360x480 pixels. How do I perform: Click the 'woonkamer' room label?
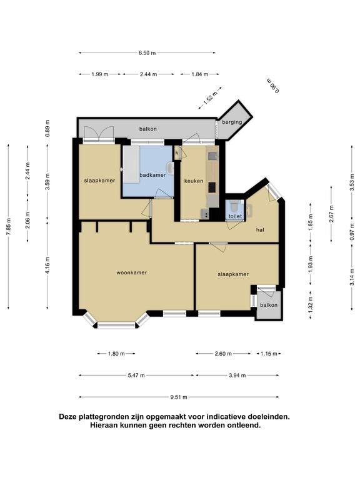click(131, 272)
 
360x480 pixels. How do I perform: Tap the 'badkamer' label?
click(152, 175)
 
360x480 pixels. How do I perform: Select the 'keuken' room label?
click(194, 181)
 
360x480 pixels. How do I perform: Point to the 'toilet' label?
click(235, 216)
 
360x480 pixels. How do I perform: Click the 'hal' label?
click(260, 229)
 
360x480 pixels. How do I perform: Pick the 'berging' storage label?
click(232, 122)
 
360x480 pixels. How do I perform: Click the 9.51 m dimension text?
click(179, 397)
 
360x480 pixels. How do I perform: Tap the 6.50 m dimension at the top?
click(147, 53)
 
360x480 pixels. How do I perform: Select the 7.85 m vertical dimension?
click(9, 226)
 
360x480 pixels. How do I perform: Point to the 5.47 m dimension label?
click(136, 375)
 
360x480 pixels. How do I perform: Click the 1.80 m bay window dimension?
click(116, 354)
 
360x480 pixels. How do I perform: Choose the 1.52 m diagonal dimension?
click(210, 98)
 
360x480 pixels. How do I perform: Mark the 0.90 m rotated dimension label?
click(272, 86)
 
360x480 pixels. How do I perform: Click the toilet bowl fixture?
click(234, 206)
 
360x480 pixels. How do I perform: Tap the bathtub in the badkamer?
click(131, 164)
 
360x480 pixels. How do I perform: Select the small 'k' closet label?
click(177, 152)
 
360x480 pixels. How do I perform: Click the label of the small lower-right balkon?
click(269, 305)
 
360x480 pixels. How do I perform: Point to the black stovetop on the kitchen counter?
click(212, 187)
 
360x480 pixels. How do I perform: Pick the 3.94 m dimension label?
click(237, 375)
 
